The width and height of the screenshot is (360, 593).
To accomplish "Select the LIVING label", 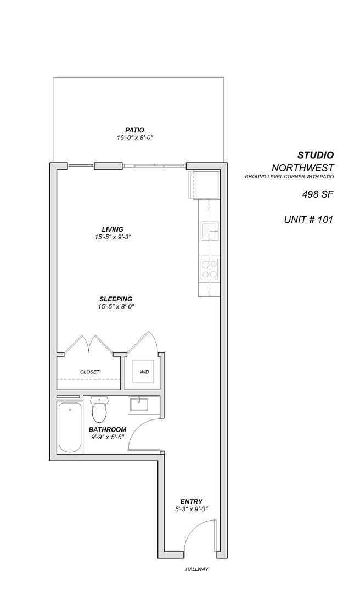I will click(112, 229).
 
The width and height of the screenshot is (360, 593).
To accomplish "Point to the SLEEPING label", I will click(116, 298).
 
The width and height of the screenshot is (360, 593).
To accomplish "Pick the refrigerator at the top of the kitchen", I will click(204, 185).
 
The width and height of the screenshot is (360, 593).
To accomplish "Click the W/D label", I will click(144, 372).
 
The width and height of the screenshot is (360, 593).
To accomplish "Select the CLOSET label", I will click(90, 372).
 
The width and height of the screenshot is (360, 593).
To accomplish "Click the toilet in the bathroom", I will click(99, 410).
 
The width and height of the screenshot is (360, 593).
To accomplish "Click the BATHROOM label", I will click(108, 429).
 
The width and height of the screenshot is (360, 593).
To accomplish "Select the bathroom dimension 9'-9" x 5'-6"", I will click(108, 437).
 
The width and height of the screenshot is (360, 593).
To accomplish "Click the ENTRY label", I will click(192, 501).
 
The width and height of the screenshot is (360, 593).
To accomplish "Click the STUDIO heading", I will click(316, 155).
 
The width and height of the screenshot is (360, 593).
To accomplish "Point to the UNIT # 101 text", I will click(308, 220).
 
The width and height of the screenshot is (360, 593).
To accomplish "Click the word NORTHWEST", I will click(303, 167).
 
